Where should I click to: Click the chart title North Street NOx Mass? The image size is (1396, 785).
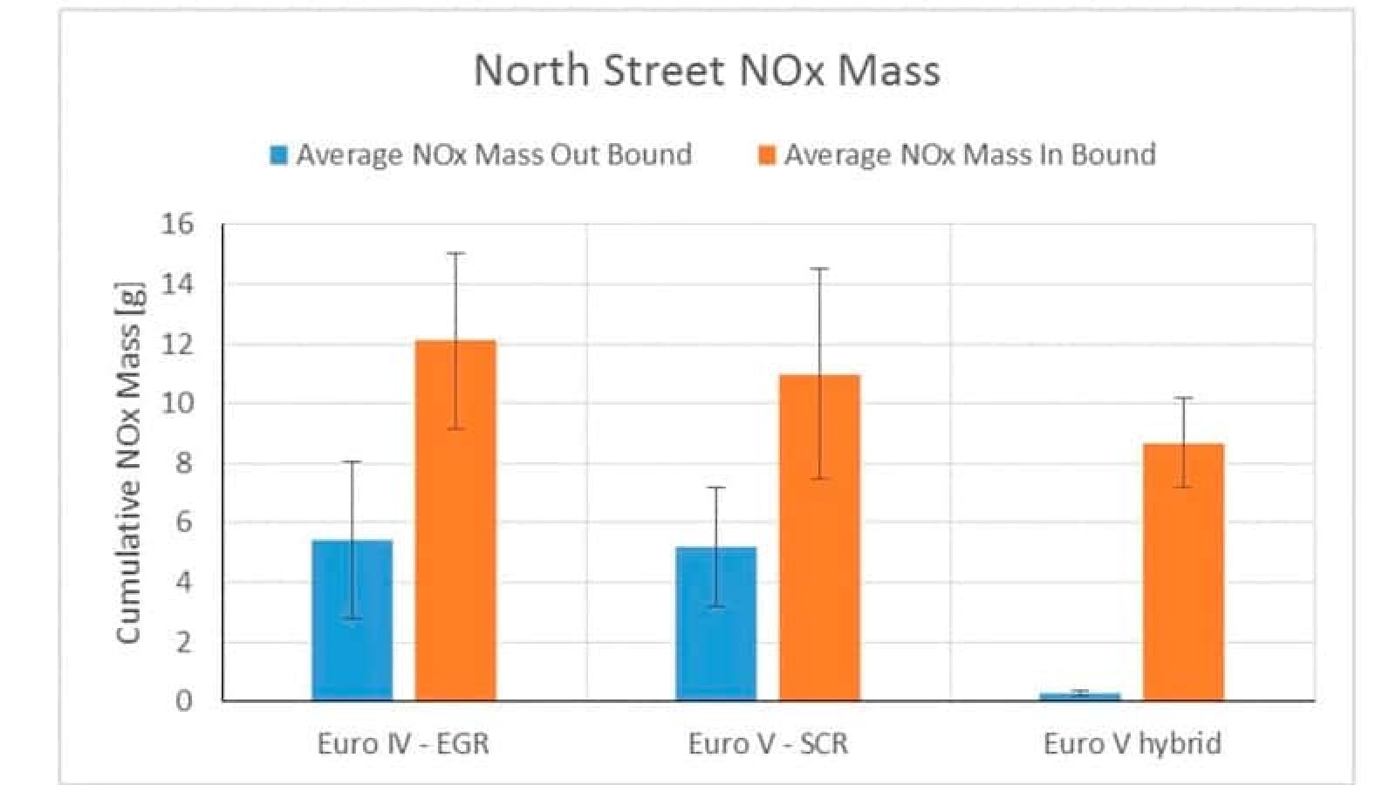point(707,70)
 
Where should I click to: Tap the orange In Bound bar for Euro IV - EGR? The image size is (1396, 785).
point(455,523)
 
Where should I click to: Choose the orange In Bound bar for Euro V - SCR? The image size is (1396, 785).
point(819,541)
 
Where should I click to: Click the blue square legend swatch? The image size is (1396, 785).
point(279,155)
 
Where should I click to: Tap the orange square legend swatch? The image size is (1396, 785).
point(767,155)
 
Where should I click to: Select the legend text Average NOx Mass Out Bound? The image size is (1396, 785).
point(494,154)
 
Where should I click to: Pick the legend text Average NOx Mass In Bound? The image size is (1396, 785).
point(969,154)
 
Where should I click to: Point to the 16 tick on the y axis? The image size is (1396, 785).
point(177,225)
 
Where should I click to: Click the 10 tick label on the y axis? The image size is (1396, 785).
point(177,404)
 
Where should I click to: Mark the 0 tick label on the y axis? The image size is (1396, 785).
point(184,700)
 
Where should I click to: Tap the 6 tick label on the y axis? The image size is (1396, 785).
point(184,522)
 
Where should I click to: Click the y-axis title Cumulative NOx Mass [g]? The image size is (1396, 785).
point(128,462)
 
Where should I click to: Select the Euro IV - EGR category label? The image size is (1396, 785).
point(403,743)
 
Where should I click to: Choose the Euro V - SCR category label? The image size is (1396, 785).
point(768,743)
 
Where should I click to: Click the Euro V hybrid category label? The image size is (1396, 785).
point(1133,743)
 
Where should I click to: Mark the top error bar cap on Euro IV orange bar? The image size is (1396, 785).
point(455,253)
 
